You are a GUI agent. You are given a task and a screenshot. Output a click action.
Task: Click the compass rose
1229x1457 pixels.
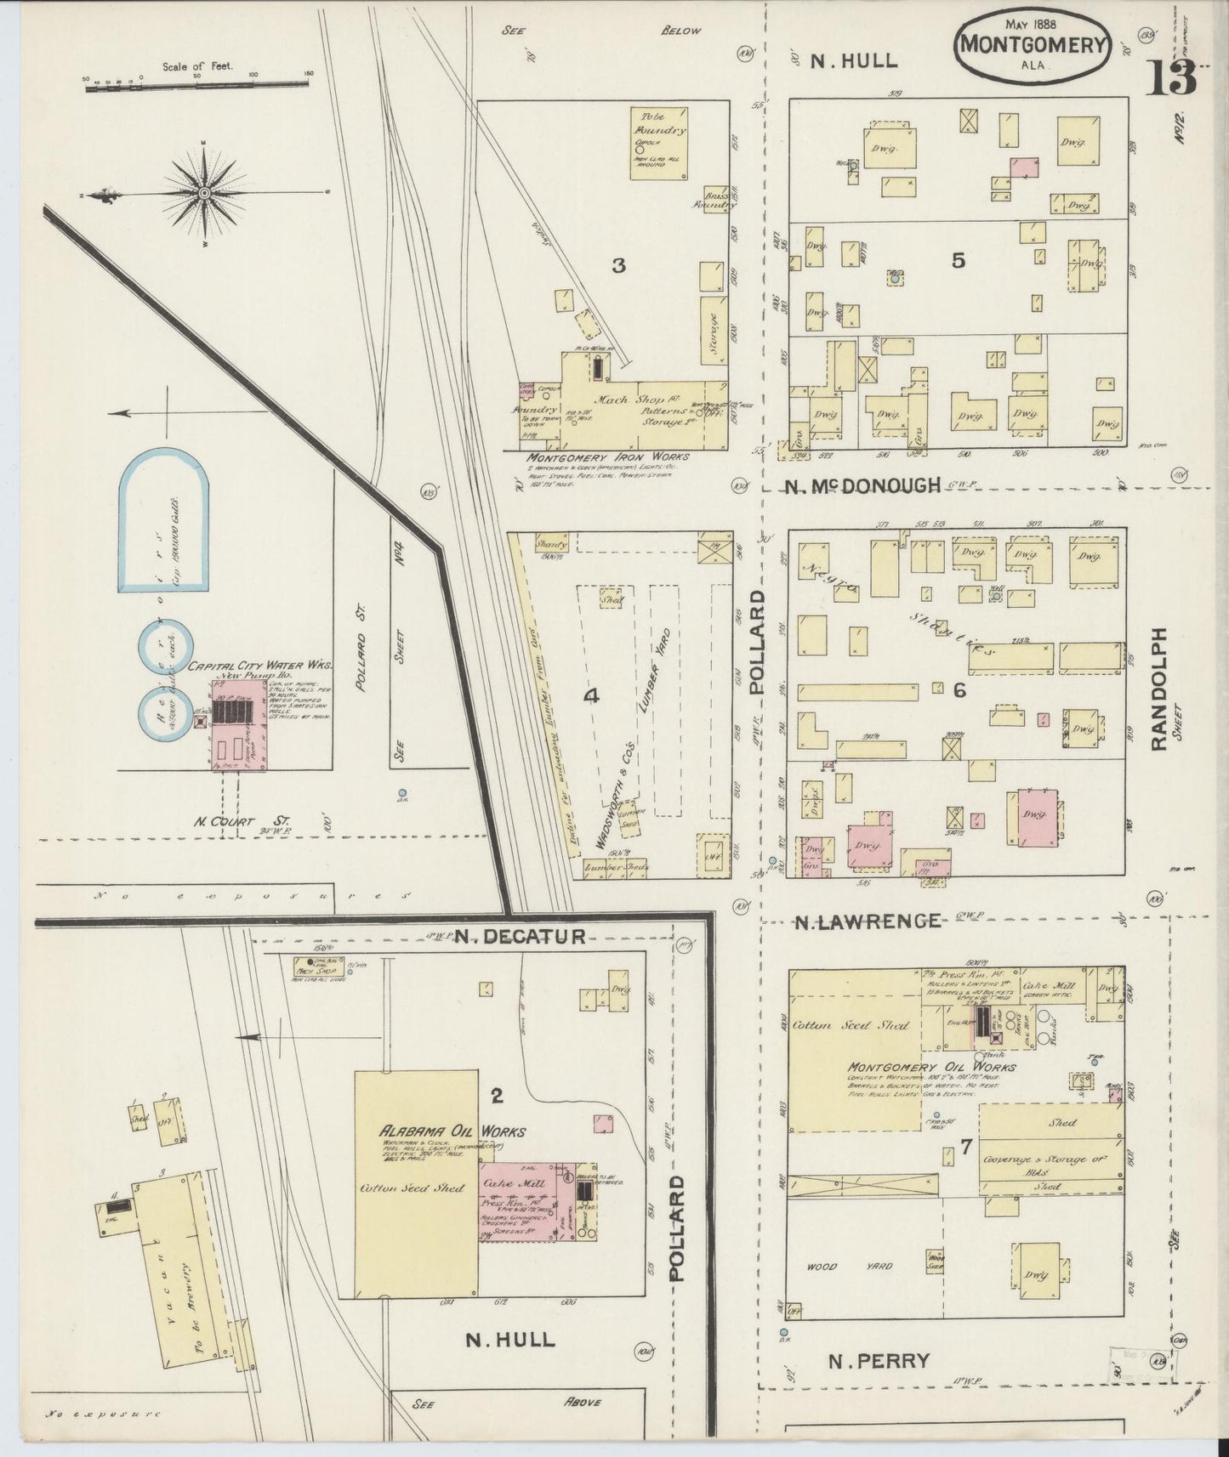[x=205, y=194]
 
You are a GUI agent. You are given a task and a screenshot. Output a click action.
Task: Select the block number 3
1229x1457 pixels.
[x=618, y=265]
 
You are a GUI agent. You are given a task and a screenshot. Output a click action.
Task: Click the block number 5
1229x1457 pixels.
[x=959, y=261]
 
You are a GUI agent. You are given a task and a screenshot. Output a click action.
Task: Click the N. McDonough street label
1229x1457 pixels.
[x=862, y=485]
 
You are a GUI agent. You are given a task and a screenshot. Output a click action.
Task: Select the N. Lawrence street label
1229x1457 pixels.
[x=868, y=921]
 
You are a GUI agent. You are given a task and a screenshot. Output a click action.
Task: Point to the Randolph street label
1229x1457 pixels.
[x=1158, y=689]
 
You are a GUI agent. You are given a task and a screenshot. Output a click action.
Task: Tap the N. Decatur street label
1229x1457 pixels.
[x=519, y=937]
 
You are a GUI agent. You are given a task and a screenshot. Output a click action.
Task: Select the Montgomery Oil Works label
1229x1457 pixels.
[x=930, y=1066]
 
